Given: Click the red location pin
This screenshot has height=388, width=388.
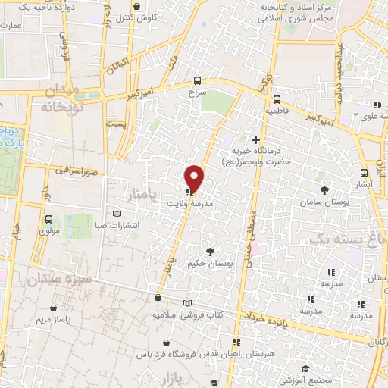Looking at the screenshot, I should (195, 177).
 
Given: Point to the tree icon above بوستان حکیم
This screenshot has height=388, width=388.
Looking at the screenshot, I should (210, 252).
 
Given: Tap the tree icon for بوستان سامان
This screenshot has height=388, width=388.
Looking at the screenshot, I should (325, 189).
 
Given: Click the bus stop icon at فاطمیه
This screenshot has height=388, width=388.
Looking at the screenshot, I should (276, 99).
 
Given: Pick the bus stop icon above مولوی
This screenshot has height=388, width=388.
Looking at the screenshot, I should (48, 219).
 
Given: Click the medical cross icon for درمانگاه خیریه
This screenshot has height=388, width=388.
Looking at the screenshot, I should (255, 139).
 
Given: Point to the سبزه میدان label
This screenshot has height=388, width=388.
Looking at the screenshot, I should (61, 279).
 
